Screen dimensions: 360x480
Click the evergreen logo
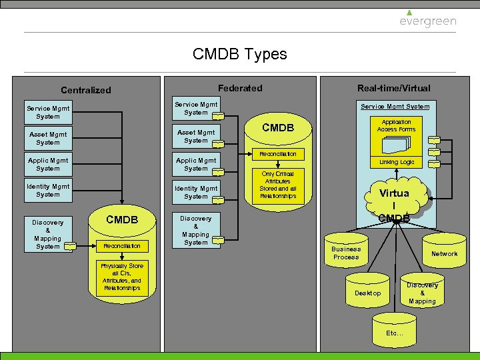(x=427, y=19)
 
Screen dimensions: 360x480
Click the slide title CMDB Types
(x=239, y=54)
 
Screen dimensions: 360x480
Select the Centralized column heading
(x=86, y=90)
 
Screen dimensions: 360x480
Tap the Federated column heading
(x=240, y=88)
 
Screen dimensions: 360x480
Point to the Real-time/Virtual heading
(x=393, y=88)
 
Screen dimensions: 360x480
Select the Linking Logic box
(x=397, y=162)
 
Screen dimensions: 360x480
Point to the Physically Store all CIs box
(x=121, y=277)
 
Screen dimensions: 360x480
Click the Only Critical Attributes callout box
(x=277, y=185)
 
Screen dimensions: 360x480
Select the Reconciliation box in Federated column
(x=277, y=154)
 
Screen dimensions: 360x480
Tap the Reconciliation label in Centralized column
(x=121, y=246)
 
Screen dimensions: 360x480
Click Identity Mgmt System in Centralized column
(x=48, y=191)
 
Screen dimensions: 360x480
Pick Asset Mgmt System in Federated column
(x=196, y=137)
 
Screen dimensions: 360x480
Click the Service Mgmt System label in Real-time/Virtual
(x=395, y=107)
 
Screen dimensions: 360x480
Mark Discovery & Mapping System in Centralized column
(x=48, y=234)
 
